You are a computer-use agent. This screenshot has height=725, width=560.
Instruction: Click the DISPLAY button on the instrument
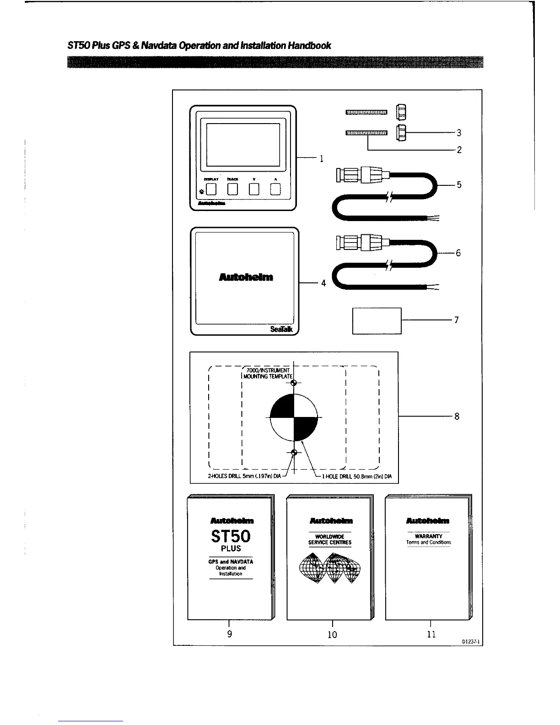[210, 189]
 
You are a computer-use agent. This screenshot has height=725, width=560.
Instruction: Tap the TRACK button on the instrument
[232, 189]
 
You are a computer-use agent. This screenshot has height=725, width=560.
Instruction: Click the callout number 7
[456, 320]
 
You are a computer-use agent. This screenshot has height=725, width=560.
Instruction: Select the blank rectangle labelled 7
[377, 321]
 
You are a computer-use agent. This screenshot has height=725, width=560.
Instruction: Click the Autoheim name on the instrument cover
[246, 277]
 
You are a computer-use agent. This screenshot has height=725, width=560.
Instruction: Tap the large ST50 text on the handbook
[231, 536]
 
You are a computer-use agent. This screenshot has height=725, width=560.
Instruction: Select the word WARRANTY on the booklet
[428, 536]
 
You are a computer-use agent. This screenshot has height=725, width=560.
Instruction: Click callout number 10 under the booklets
[332, 634]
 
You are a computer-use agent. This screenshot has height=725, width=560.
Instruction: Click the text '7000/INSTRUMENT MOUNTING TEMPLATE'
[268, 373]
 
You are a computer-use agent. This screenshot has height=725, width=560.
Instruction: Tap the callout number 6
[458, 253]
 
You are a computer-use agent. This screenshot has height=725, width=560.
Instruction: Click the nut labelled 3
[401, 133]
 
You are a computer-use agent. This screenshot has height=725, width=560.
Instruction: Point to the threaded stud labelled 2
[366, 133]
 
